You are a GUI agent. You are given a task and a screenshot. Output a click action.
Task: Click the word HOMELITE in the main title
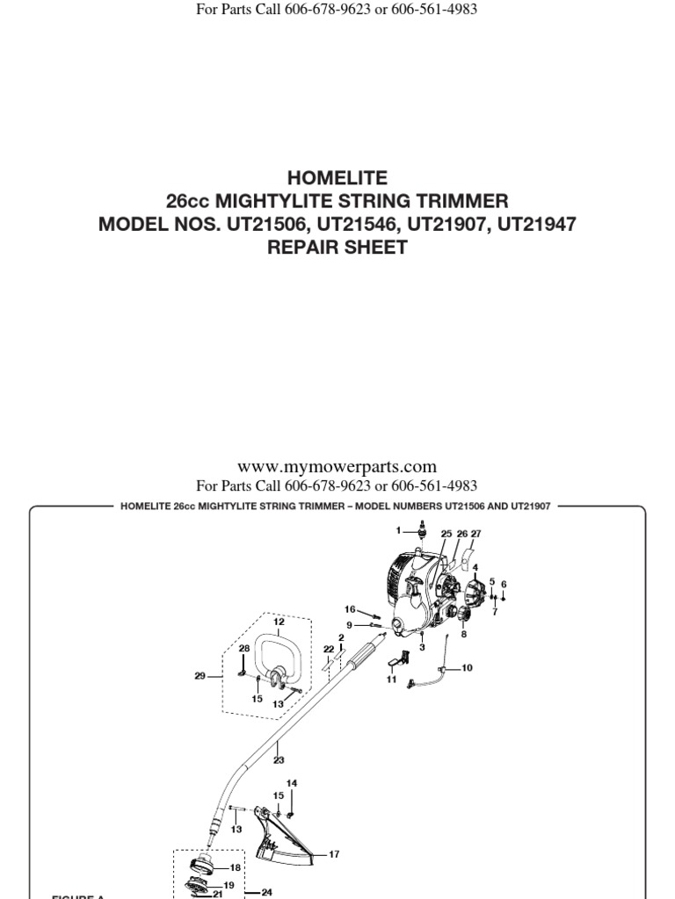337,178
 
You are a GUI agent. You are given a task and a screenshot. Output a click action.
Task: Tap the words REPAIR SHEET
337,247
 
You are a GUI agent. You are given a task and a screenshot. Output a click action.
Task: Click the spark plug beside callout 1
424,529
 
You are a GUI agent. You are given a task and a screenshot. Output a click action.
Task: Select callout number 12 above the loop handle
279,622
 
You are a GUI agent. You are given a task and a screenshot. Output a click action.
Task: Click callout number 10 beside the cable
466,668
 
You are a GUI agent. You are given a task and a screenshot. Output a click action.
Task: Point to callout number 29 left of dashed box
200,676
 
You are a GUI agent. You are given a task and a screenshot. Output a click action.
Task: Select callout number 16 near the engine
350,608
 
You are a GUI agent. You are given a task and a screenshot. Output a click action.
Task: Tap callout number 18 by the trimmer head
236,867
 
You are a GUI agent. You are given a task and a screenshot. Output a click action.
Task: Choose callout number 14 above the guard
292,782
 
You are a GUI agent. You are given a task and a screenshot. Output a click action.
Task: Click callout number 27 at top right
475,534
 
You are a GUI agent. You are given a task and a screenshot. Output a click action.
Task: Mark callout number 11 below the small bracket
392,679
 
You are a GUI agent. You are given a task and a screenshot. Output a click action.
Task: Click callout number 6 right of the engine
504,584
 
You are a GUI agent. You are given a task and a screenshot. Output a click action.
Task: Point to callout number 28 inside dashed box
244,648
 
